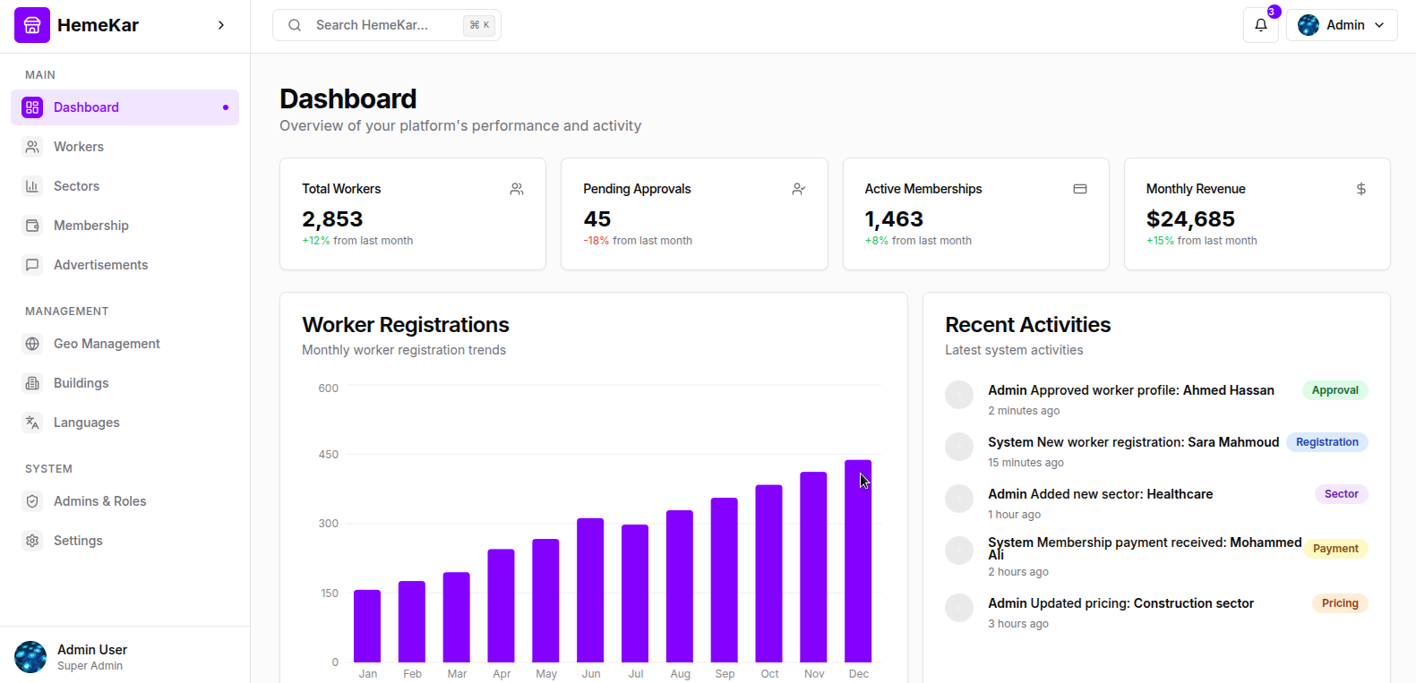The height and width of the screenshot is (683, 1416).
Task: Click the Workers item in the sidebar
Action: pos(79,147)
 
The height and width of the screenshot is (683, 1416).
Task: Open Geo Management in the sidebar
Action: pos(107,344)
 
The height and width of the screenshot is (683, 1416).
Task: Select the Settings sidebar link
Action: pos(78,541)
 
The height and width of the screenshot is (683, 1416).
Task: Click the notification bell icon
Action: pos(1260,25)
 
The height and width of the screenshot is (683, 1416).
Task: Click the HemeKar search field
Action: pos(386,25)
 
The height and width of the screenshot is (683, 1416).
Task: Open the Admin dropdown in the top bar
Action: pos(1341,25)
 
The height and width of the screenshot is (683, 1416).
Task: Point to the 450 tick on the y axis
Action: pos(329,455)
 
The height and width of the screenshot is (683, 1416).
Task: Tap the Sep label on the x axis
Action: pos(725,674)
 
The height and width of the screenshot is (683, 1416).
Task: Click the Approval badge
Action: pos(1334,390)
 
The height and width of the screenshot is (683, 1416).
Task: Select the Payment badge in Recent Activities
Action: pos(1335,549)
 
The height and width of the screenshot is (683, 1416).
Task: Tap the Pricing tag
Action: pos(1340,603)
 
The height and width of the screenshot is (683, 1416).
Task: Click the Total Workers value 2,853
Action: pos(332,219)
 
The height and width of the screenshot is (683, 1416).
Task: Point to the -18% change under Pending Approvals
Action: pos(596,241)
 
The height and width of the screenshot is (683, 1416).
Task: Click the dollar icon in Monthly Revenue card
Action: pos(1360,189)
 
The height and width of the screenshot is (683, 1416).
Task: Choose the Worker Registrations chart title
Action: pos(406,325)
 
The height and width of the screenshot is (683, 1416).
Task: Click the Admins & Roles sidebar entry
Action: pos(99,501)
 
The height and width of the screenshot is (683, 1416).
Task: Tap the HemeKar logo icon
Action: pos(32,25)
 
